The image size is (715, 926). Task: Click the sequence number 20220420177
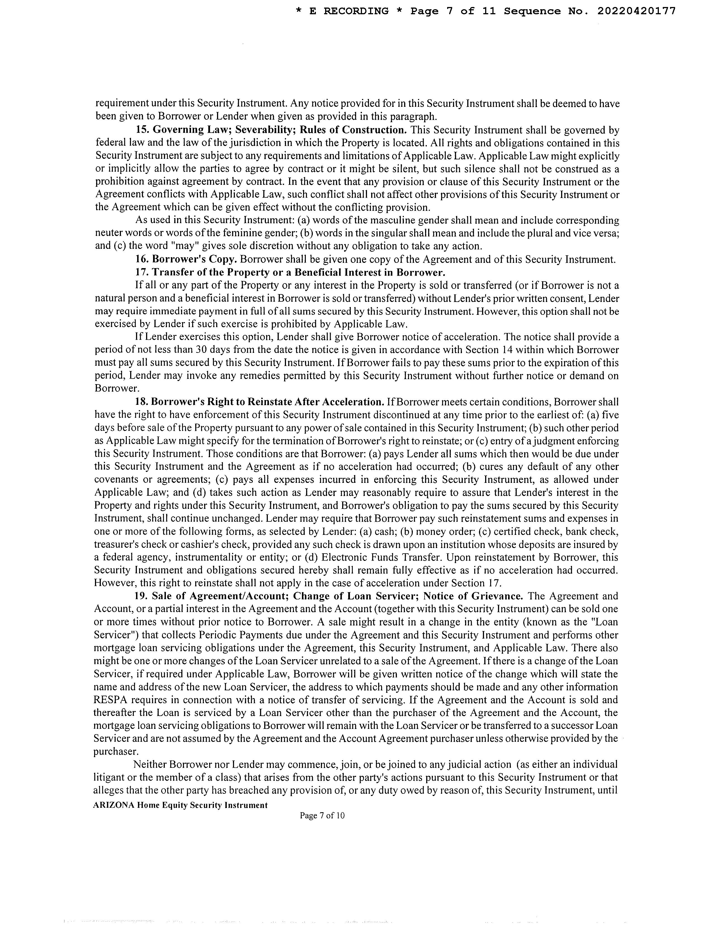pyautogui.click(x=636, y=11)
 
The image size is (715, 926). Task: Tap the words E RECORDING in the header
pyautogui.click(x=349, y=11)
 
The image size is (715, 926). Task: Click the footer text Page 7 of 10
pyautogui.click(x=322, y=815)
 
